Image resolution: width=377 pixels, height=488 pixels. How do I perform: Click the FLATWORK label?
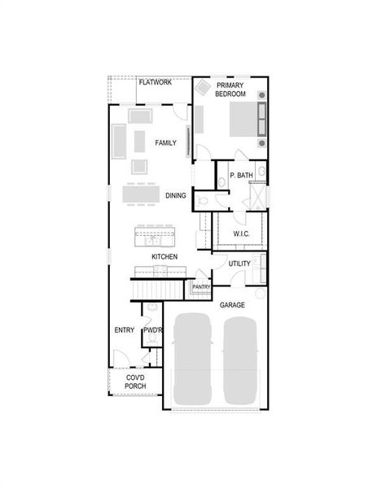pyautogui.click(x=155, y=82)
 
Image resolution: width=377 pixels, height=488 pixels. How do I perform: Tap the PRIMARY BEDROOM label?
pyautogui.click(x=230, y=89)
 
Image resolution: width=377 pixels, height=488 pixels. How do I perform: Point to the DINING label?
pyautogui.click(x=176, y=196)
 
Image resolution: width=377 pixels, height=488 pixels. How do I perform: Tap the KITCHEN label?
pyautogui.click(x=164, y=257)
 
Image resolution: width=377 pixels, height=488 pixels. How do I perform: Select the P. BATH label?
pyautogui.click(x=241, y=176)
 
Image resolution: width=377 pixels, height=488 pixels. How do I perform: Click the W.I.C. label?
pyautogui.click(x=241, y=234)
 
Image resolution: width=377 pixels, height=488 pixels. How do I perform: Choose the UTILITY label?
pyautogui.click(x=239, y=264)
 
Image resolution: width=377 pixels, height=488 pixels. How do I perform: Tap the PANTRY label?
pyautogui.click(x=201, y=287)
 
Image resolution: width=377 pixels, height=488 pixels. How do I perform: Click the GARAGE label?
pyautogui.click(x=232, y=305)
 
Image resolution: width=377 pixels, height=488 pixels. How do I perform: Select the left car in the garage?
pyautogui.click(x=191, y=358)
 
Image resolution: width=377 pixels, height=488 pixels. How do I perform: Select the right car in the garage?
pyautogui.click(x=241, y=358)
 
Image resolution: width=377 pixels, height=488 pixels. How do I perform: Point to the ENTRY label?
pyautogui.click(x=125, y=330)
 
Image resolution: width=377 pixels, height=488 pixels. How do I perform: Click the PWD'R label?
pyautogui.click(x=153, y=330)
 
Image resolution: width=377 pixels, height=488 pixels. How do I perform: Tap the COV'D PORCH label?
pyautogui.click(x=135, y=381)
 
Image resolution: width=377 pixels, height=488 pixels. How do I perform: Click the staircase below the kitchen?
pyautogui.click(x=159, y=288)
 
